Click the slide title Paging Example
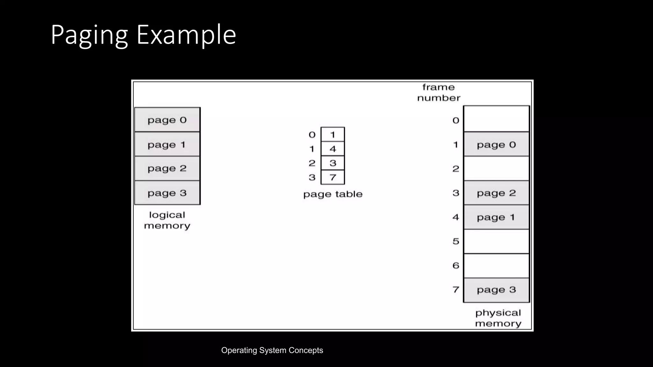coord(143,34)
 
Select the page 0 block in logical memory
coord(167,120)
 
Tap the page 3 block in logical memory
coord(167,193)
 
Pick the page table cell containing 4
coord(333,149)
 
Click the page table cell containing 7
coord(333,177)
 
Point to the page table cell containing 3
coord(333,163)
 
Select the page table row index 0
coord(312,135)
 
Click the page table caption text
coord(333,194)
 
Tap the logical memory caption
coord(167,220)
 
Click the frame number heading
coord(438,92)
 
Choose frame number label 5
coord(456,241)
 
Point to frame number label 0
coord(456,120)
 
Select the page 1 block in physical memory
coord(496,217)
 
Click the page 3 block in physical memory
coord(496,290)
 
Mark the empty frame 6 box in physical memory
coord(496,266)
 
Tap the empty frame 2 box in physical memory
coord(496,169)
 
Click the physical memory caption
coord(498,318)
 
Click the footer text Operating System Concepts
coord(272,350)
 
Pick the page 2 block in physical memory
coord(496,193)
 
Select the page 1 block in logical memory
coord(167,144)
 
